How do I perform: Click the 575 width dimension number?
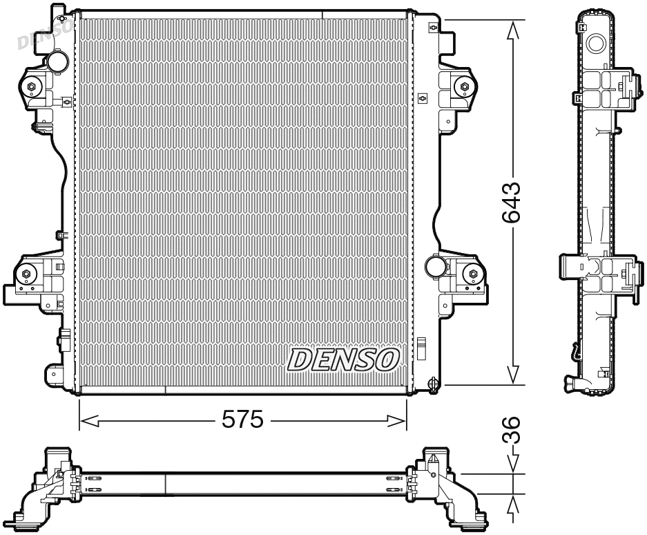[x=242, y=420]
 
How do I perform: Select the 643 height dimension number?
[x=512, y=203]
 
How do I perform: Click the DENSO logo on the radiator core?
[x=343, y=359]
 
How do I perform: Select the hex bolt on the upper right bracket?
[x=464, y=86]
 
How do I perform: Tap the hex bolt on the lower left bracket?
[x=26, y=274]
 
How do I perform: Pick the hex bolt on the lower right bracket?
[x=473, y=274]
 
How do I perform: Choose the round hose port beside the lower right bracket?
[x=435, y=266]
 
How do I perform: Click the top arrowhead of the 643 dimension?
[x=512, y=29]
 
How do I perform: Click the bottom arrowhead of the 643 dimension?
[x=512, y=375]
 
